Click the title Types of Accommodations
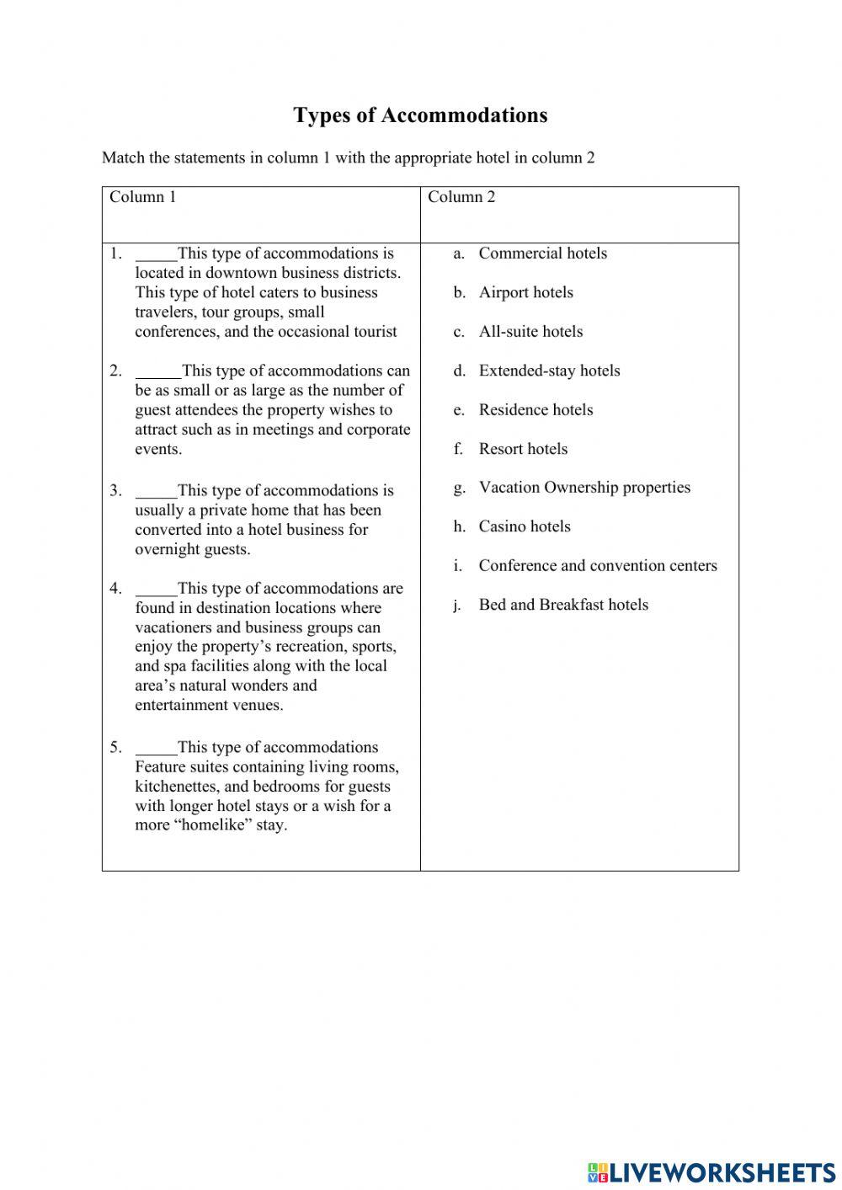pyautogui.click(x=420, y=115)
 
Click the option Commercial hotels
pyautogui.click(x=542, y=253)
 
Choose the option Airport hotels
pyautogui.click(x=525, y=292)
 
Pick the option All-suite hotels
pyautogui.click(x=530, y=332)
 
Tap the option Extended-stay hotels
pyautogui.click(x=549, y=371)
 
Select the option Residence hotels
pyautogui.click(x=536, y=410)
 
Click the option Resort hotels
pyautogui.click(x=523, y=449)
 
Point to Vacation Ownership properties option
pyautogui.click(x=584, y=488)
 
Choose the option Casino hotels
pyautogui.click(x=525, y=526)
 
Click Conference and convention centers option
pyautogui.click(x=598, y=566)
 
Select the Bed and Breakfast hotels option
pyautogui.click(x=563, y=605)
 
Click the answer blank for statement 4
pyautogui.click(x=157, y=590)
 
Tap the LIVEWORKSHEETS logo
pyautogui.click(x=711, y=1171)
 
